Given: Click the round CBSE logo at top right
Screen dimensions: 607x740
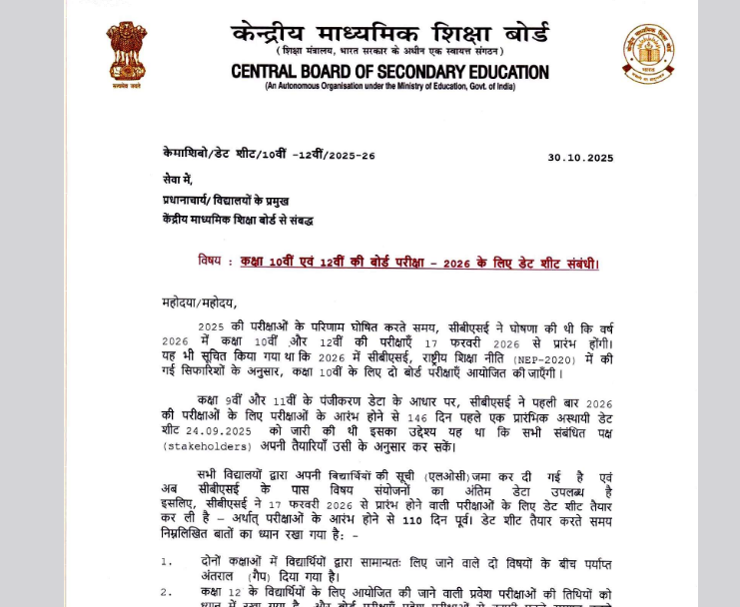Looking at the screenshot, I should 647,53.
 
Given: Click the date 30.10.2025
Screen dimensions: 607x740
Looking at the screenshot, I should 580,158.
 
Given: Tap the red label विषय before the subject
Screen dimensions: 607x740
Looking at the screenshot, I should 209,262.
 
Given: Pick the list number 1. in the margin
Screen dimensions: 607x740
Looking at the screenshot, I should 168,562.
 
